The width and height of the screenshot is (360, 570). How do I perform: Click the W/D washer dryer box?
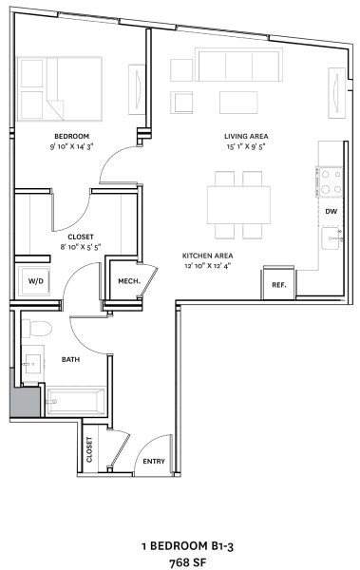coord(35,281)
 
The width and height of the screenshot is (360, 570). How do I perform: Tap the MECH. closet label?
coord(128,281)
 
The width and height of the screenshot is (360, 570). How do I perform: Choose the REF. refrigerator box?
coord(279,284)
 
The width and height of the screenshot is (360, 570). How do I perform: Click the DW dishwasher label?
coord(331,211)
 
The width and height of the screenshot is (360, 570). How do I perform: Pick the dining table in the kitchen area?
coord(238,203)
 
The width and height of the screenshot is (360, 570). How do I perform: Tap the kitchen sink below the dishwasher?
coord(331,238)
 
